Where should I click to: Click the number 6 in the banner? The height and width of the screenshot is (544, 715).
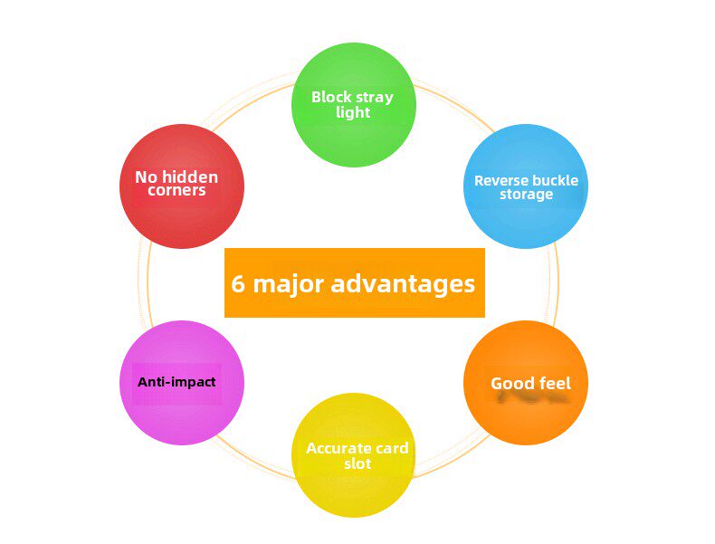pyautogui.click(x=239, y=284)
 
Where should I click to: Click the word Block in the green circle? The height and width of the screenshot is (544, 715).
pyautogui.click(x=331, y=97)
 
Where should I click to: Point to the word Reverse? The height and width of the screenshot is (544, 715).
pyautogui.click(x=501, y=180)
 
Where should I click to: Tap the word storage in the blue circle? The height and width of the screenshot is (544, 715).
pyautogui.click(x=526, y=195)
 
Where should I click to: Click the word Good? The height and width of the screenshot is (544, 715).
pyautogui.click(x=511, y=383)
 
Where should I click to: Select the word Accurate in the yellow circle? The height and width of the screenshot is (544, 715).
pyautogui.click(x=339, y=448)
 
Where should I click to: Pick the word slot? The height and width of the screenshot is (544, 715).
pyautogui.click(x=357, y=463)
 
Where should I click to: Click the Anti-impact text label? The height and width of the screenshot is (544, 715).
pyautogui.click(x=176, y=382)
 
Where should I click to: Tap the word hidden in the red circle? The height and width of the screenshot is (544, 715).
pyautogui.click(x=191, y=177)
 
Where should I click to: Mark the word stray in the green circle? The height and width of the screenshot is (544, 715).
pyautogui.click(x=375, y=97)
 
